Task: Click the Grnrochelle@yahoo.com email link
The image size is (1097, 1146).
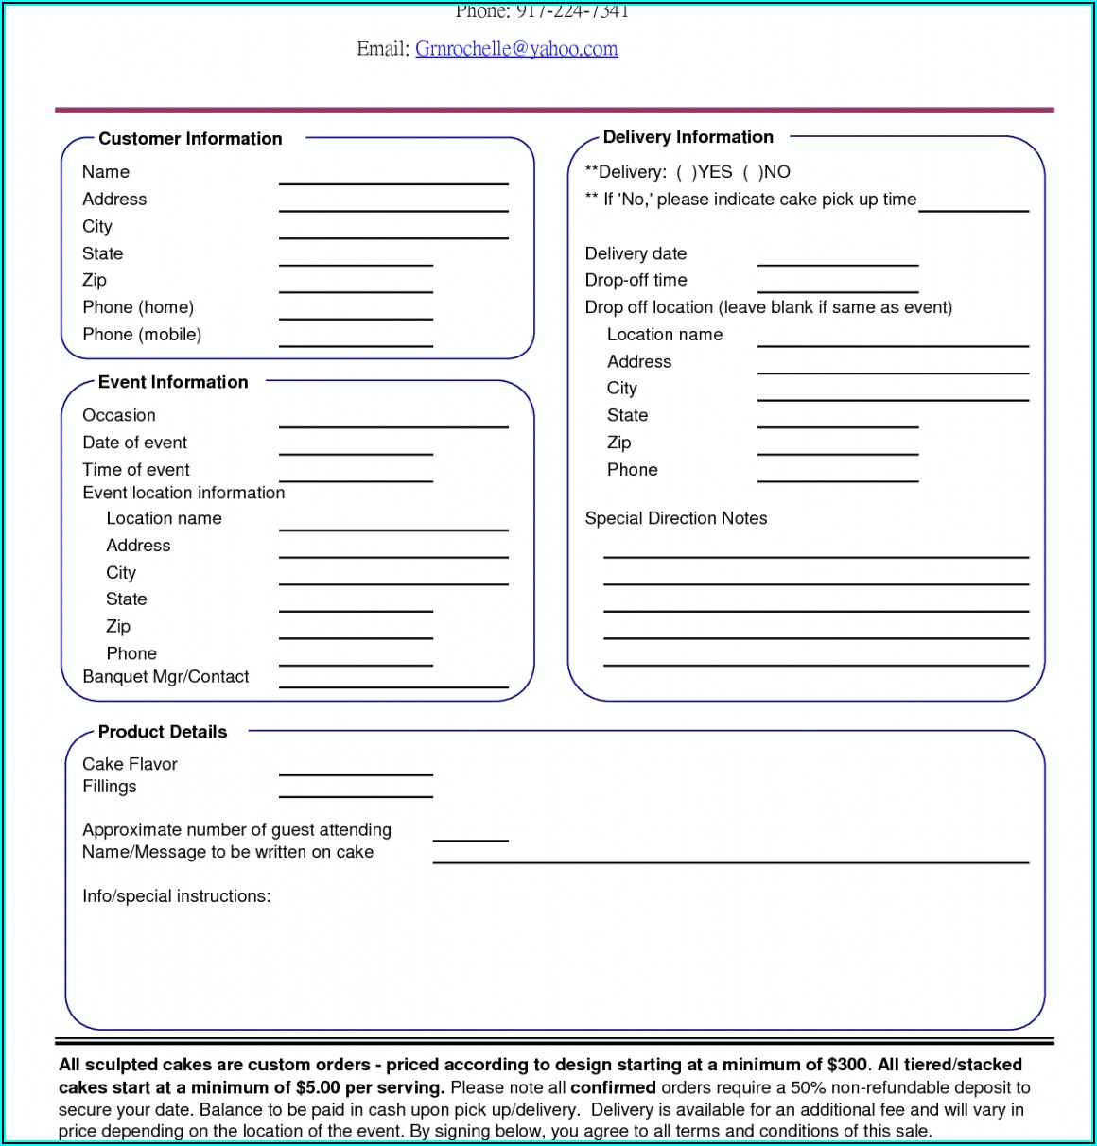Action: click(516, 49)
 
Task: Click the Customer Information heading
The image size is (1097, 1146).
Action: click(190, 139)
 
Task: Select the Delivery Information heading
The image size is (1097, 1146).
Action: click(688, 137)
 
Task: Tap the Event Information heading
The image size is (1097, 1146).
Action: click(173, 382)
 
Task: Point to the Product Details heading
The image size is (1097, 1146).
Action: click(163, 732)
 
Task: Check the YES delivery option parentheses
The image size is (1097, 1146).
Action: click(687, 172)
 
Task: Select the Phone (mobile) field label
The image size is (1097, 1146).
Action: click(142, 335)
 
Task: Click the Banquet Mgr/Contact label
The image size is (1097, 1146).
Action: click(165, 677)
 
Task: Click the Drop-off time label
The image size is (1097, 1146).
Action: click(636, 281)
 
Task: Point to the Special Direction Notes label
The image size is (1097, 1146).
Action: click(675, 518)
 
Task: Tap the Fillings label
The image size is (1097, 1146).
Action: click(109, 787)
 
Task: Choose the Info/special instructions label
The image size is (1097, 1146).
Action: click(176, 896)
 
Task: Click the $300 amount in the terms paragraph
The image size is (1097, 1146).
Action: click(846, 1066)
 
